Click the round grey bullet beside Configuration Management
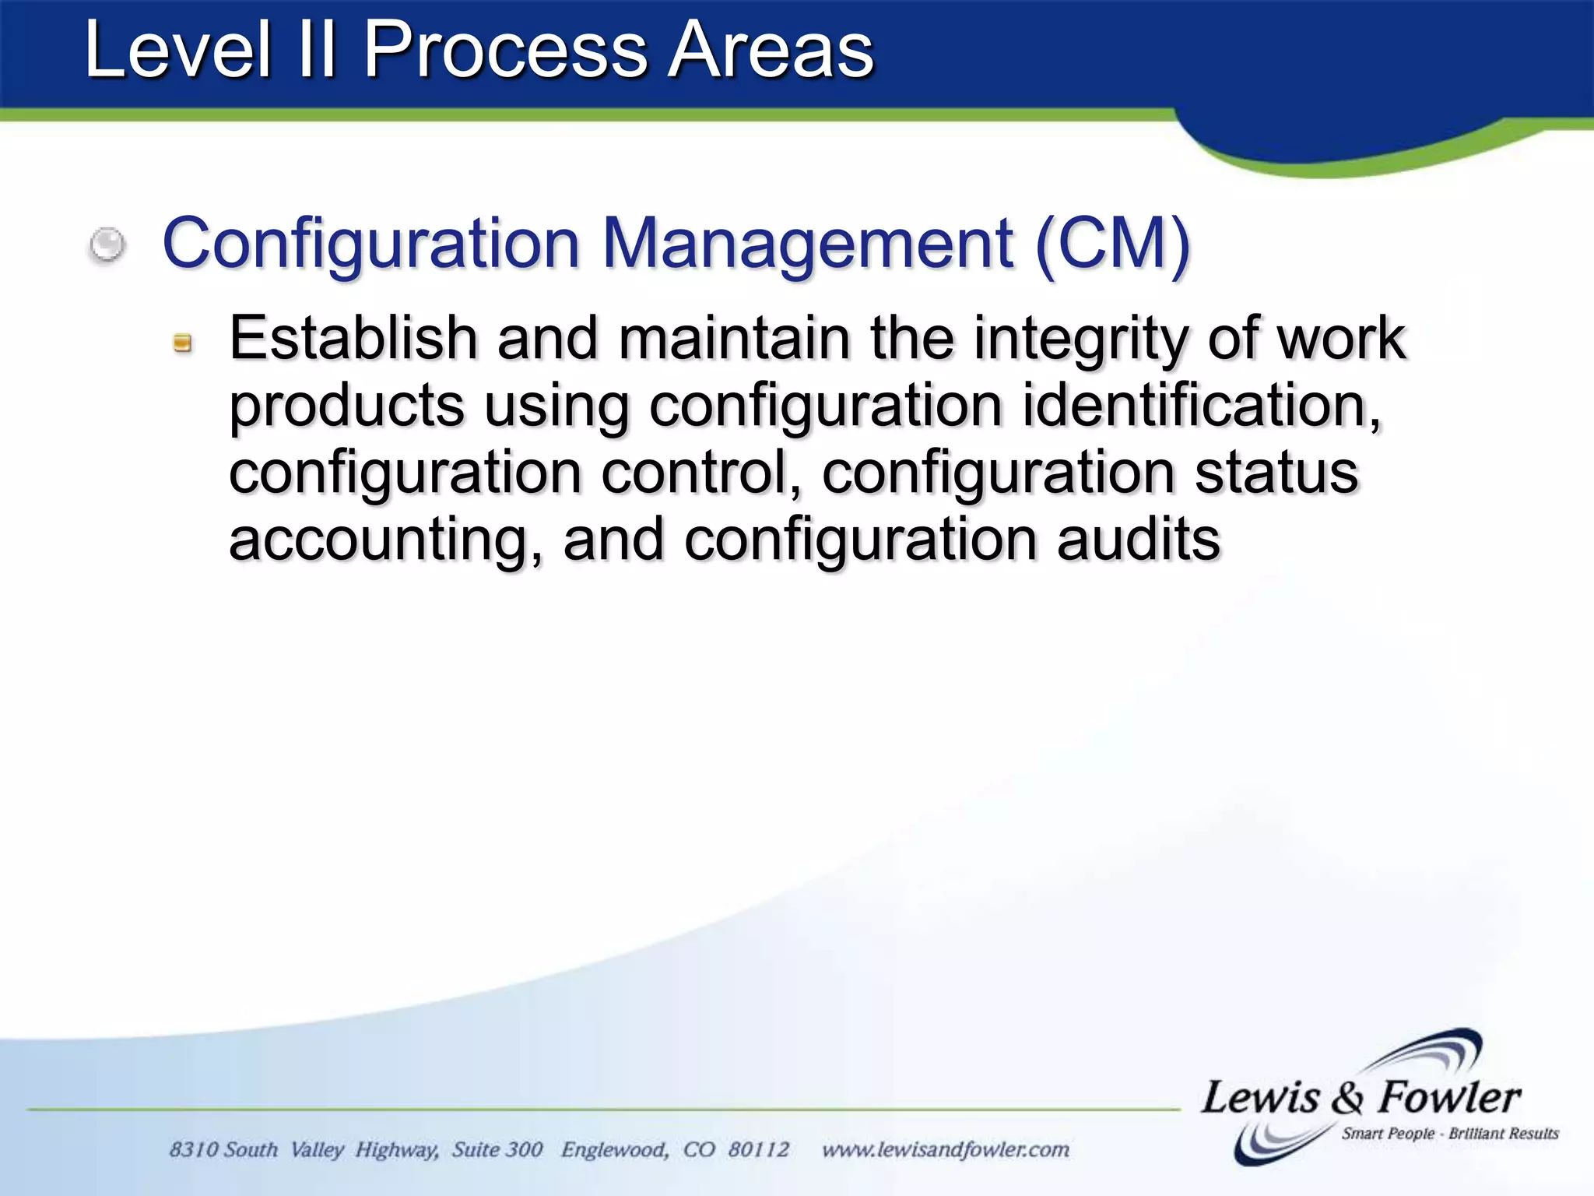click(107, 245)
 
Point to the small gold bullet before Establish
click(183, 343)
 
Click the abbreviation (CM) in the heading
click(1112, 244)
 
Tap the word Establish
click(353, 339)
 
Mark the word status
click(1276, 473)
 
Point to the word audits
click(1139, 540)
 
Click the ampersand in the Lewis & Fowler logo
click(1347, 1098)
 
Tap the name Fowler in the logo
click(1449, 1098)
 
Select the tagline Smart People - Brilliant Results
click(1449, 1134)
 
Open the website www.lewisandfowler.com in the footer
click(946, 1150)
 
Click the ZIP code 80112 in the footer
click(759, 1150)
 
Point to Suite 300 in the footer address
click(497, 1150)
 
